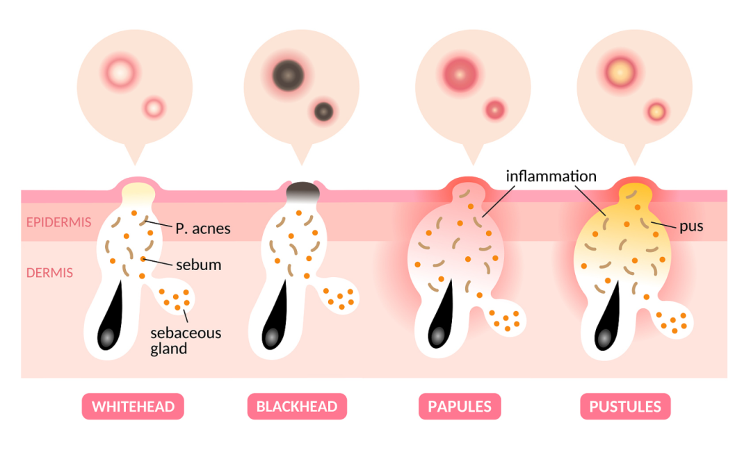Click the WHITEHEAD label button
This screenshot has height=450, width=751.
pyautogui.click(x=133, y=406)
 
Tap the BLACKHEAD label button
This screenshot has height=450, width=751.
pyautogui.click(x=297, y=406)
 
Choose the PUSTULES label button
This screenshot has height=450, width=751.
pyautogui.click(x=625, y=406)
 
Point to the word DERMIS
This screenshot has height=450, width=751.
pyautogui.click(x=49, y=273)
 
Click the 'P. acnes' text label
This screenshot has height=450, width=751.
pyautogui.click(x=202, y=228)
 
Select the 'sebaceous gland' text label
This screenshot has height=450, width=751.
pyautogui.click(x=186, y=340)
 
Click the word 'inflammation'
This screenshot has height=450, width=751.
pyautogui.click(x=551, y=176)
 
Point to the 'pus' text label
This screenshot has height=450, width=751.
pyautogui.click(x=691, y=226)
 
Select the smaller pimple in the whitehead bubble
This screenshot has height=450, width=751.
pyautogui.click(x=154, y=108)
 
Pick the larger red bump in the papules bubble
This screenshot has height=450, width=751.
pyautogui.click(x=459, y=72)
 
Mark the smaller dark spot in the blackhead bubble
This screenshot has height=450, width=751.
pyautogui.click(x=323, y=110)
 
